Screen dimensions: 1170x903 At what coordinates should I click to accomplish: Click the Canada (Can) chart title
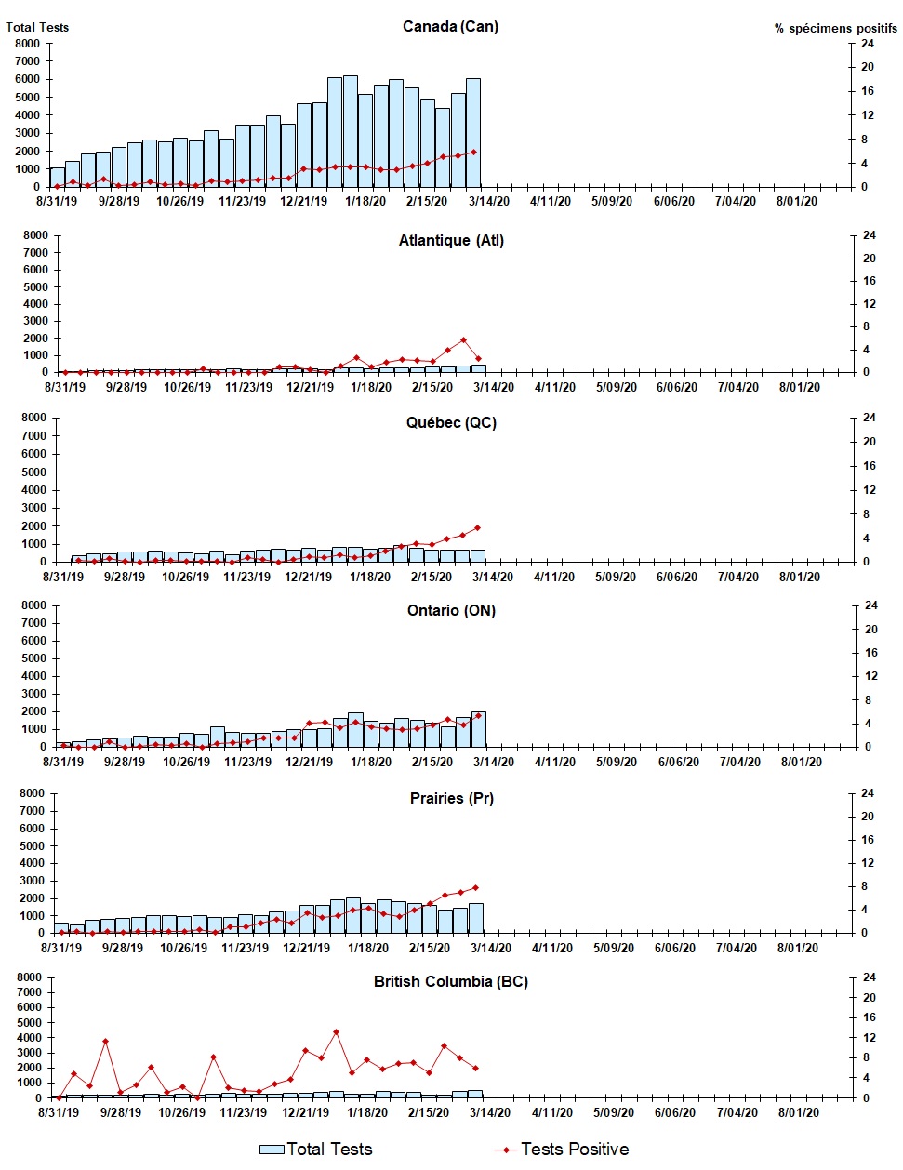click(450, 26)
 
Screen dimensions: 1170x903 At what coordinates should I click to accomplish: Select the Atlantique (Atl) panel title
click(451, 240)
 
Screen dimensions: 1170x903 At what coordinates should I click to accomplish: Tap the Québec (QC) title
click(451, 422)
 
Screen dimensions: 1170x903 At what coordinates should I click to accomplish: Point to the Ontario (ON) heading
click(451, 610)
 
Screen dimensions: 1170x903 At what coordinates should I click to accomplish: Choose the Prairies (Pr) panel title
click(451, 798)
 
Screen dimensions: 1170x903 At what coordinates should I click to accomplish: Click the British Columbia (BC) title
click(451, 981)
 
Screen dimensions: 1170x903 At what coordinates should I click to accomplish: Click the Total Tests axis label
click(37, 27)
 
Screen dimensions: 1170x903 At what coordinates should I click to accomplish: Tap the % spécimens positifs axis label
click(835, 28)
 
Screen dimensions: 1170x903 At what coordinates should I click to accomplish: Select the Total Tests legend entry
click(316, 1150)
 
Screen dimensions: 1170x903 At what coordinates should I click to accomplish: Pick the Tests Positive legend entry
click(562, 1150)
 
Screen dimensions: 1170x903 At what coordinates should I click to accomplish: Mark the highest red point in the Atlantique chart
click(463, 340)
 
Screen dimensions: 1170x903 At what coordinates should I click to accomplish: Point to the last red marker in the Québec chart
click(478, 528)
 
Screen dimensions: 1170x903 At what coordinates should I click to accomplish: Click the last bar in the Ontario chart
click(479, 729)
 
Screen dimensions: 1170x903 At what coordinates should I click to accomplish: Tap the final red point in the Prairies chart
click(476, 887)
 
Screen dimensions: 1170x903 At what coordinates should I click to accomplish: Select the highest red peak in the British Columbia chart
click(336, 1031)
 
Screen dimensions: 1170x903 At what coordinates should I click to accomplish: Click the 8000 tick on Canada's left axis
click(28, 44)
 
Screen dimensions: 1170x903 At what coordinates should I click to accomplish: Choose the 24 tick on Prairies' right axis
click(868, 793)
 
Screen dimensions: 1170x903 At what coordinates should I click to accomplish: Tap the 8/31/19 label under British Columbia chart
click(57, 1112)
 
